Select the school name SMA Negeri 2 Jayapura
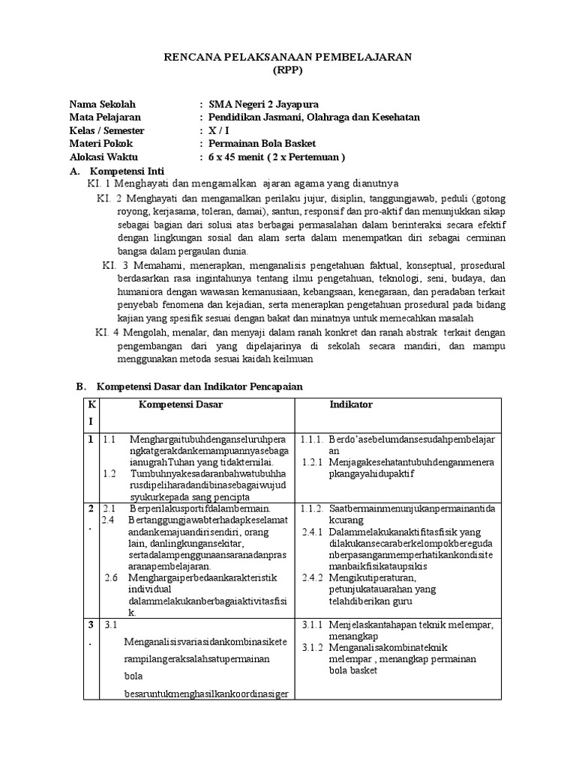click(x=258, y=104)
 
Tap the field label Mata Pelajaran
click(x=105, y=118)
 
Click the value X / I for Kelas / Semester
click(x=219, y=130)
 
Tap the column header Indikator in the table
click(x=351, y=405)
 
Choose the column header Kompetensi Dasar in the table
click(x=180, y=405)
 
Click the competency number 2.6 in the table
click(x=111, y=577)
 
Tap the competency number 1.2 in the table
click(x=110, y=474)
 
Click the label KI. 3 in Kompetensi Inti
click(x=116, y=265)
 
